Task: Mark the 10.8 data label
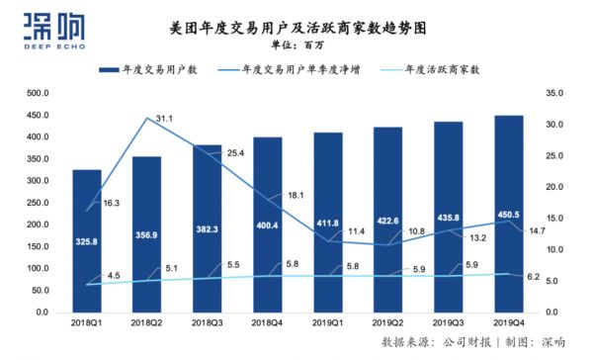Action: [416, 230]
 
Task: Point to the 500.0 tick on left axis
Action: [38, 93]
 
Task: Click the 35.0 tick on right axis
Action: [552, 93]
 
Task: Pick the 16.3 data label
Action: [110, 202]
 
